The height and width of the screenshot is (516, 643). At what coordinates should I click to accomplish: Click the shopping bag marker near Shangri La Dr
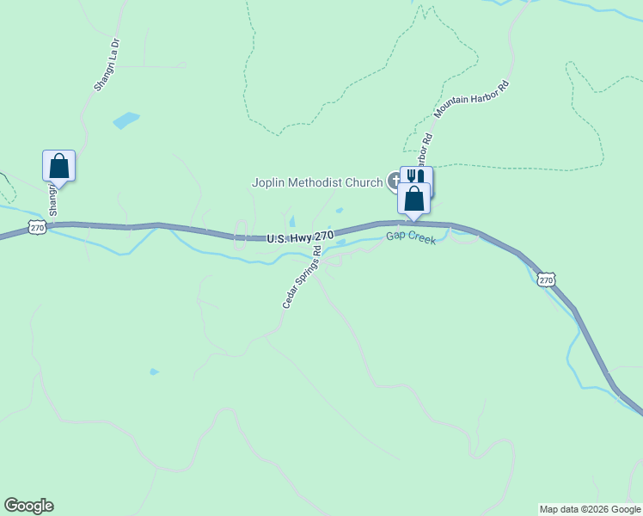click(59, 165)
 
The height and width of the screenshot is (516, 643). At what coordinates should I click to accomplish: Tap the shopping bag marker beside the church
click(413, 198)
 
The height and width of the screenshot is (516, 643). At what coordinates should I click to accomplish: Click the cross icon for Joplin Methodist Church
click(395, 181)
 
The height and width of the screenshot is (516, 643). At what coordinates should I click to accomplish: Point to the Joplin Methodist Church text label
click(316, 182)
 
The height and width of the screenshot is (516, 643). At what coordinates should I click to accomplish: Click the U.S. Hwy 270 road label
click(299, 236)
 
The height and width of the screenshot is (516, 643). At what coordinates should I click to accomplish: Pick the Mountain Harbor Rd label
click(472, 99)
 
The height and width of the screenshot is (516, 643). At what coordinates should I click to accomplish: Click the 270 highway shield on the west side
click(36, 227)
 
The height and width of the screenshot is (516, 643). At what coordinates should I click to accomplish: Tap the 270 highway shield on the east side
click(547, 279)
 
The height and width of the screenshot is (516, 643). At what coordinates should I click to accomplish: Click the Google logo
click(28, 506)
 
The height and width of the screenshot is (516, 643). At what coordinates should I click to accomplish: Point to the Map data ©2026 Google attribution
click(590, 509)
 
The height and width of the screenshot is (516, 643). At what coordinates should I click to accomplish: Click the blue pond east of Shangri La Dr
click(126, 120)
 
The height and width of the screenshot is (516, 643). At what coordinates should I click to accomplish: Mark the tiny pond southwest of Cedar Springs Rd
click(154, 372)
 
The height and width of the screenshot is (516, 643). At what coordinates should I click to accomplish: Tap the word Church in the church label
click(364, 182)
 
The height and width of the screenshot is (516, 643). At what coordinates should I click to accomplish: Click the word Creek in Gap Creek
click(421, 239)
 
